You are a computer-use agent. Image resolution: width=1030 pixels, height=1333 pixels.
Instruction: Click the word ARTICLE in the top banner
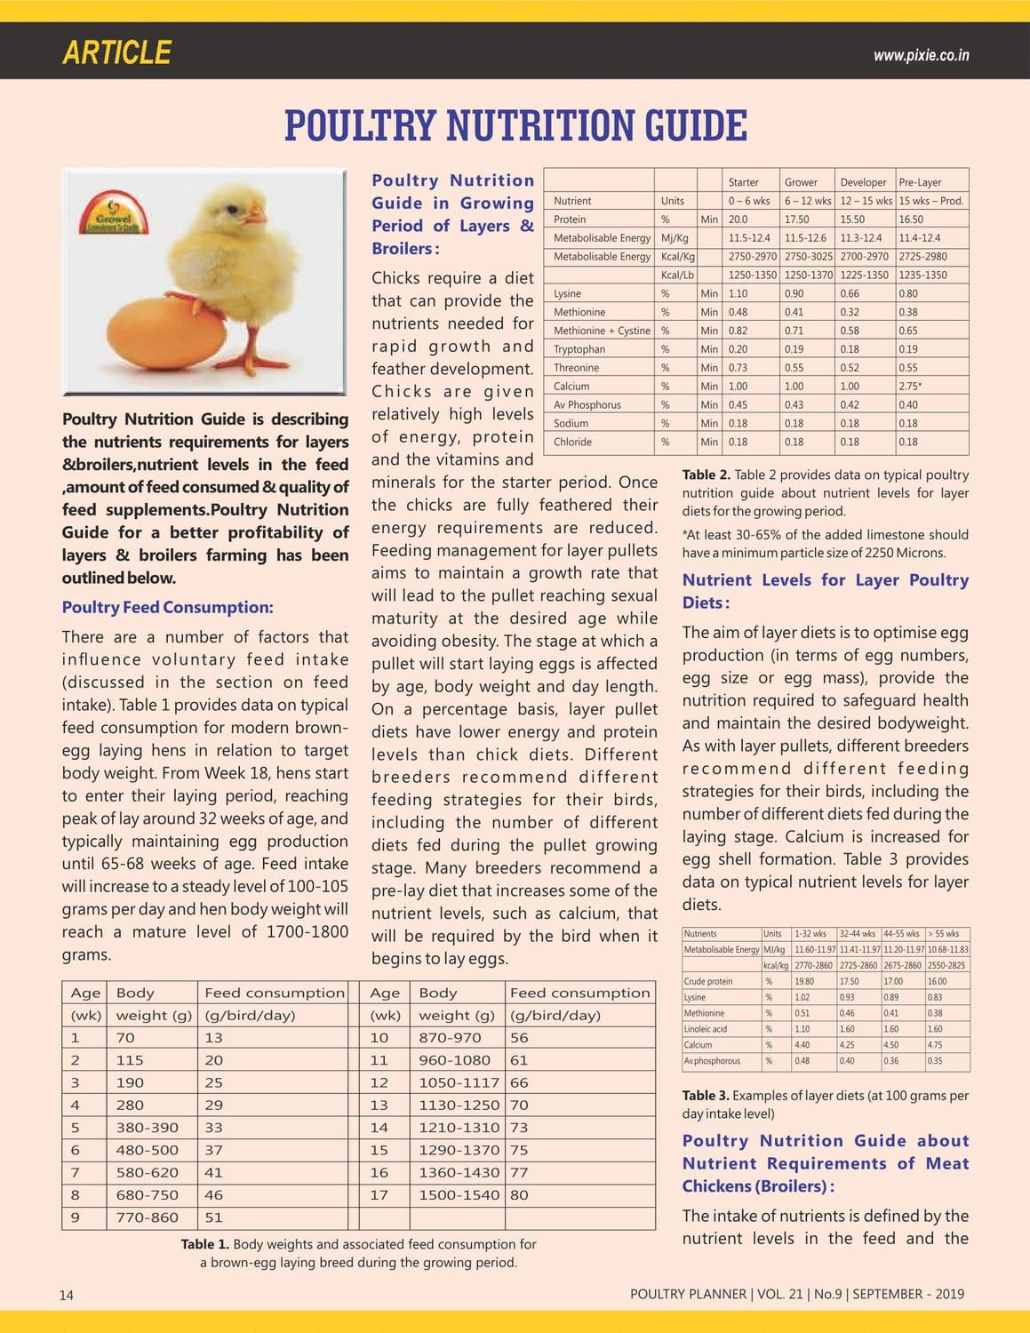tap(116, 52)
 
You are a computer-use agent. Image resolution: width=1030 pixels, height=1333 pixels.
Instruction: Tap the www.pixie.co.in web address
tap(921, 55)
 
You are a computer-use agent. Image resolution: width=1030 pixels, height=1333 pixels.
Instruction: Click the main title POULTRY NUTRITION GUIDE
tap(515, 126)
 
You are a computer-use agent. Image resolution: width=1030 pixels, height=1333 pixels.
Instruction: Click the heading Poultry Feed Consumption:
tap(167, 608)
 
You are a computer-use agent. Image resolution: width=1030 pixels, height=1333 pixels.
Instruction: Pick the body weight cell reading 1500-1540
tap(459, 1195)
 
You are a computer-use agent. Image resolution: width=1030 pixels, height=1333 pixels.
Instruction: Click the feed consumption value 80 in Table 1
tap(519, 1195)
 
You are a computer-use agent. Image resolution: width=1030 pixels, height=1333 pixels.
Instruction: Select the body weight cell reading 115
tap(130, 1060)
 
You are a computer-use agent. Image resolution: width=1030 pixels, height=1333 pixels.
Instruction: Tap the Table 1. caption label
tap(204, 1244)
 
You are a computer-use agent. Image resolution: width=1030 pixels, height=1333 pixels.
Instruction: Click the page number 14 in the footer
tap(67, 1295)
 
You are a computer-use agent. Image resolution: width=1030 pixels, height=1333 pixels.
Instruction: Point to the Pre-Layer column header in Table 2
tap(920, 182)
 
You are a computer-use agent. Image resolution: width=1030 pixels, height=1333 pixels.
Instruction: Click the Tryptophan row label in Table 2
tap(579, 349)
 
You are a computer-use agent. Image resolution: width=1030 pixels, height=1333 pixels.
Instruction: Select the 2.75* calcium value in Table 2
tap(909, 387)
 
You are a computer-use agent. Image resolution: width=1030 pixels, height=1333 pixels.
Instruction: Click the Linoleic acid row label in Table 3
tap(706, 1029)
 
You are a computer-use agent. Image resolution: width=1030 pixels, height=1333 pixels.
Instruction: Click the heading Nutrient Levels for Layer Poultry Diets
tap(825, 591)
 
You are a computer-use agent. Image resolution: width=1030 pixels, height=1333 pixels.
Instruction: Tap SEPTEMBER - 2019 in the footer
tap(908, 1294)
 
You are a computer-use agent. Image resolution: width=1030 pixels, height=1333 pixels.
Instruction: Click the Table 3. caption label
tap(706, 1096)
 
